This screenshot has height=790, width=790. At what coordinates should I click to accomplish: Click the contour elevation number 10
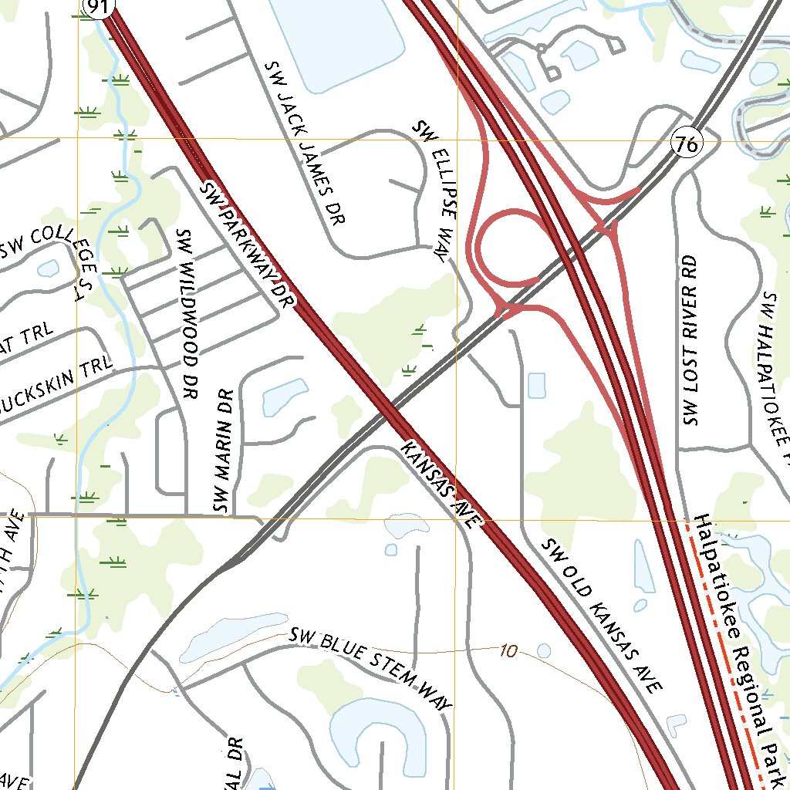[x=508, y=652]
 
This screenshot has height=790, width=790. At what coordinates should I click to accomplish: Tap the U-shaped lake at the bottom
[x=378, y=729]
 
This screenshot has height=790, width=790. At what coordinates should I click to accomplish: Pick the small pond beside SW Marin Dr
[x=285, y=397]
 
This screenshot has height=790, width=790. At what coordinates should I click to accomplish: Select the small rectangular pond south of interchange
[x=536, y=385]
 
